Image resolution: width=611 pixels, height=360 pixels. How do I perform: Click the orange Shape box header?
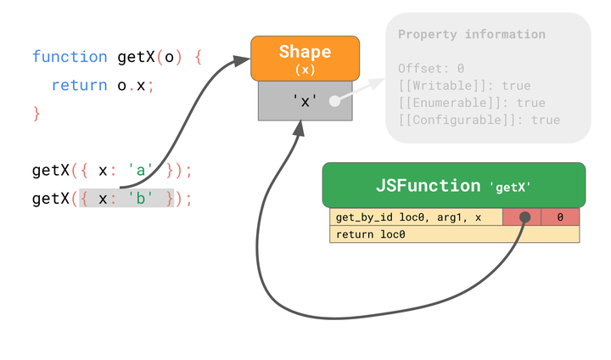click(305, 58)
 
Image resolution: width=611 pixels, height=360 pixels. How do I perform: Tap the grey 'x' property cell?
click(305, 100)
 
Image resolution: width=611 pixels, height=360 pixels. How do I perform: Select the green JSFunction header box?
click(453, 185)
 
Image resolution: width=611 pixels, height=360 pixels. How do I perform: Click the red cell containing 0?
click(560, 217)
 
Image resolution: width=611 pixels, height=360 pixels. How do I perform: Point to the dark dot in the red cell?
click(524, 217)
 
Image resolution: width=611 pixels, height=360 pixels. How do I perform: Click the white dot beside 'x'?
click(334, 100)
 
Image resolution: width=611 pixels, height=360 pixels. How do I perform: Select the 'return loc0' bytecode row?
click(454, 234)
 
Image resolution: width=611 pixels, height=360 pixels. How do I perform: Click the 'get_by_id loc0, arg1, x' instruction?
click(409, 217)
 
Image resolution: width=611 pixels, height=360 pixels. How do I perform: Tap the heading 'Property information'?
click(471, 35)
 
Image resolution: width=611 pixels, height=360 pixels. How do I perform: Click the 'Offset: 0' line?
click(431, 68)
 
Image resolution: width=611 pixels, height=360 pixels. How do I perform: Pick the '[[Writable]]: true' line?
click(463, 86)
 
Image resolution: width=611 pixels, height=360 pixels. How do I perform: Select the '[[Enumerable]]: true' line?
click(471, 103)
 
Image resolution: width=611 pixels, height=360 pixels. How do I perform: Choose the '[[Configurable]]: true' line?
click(479, 120)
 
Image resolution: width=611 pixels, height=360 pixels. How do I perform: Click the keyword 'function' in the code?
click(70, 58)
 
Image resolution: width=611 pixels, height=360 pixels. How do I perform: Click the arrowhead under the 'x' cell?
click(298, 127)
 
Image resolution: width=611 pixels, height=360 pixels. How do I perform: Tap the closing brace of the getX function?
click(36, 113)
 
